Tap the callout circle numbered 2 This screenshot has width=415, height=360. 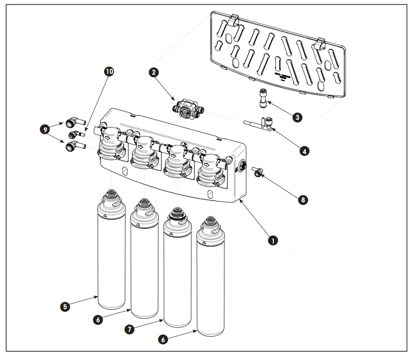coord(153,73)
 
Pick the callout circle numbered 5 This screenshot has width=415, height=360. coord(65,307)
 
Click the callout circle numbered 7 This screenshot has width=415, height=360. coord(129,329)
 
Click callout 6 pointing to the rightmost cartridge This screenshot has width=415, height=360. coord(163,339)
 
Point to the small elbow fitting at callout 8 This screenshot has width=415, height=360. coord(258,172)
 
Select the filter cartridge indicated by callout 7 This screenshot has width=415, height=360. coord(177,274)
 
